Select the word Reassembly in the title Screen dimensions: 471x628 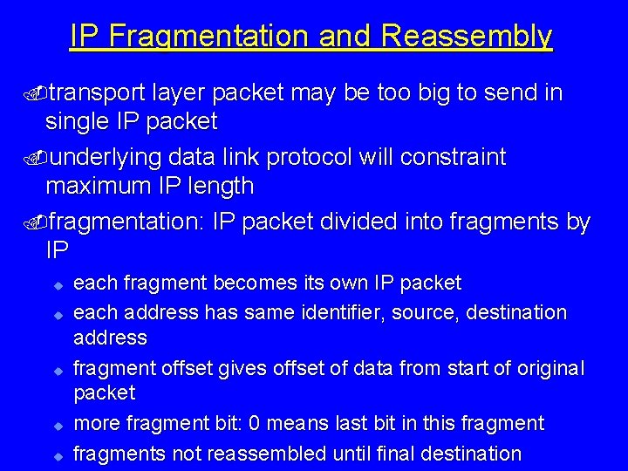tap(467, 36)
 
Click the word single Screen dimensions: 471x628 tap(75, 120)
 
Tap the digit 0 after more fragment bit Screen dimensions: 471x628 tap(255, 424)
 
